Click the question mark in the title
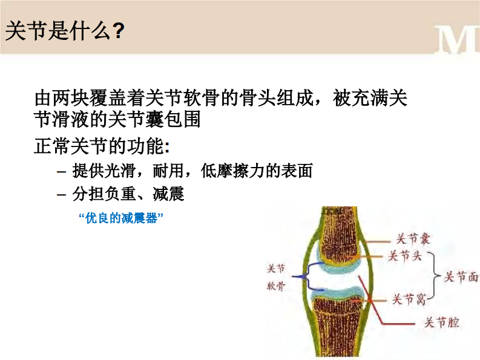pos(119,31)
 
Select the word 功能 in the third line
pos(147,146)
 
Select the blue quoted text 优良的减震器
pos(122,218)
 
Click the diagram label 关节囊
pos(412,238)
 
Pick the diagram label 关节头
pos(405,256)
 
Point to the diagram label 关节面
pos(461,277)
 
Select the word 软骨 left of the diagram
pos(276,287)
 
